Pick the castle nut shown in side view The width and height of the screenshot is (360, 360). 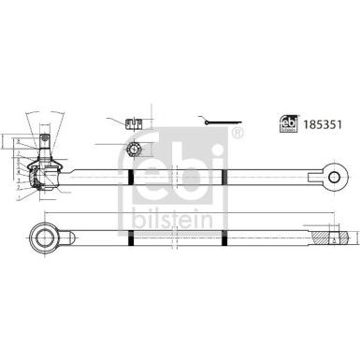point(136,122)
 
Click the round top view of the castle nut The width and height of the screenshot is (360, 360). point(136,149)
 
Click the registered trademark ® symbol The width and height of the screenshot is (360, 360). point(237,133)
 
